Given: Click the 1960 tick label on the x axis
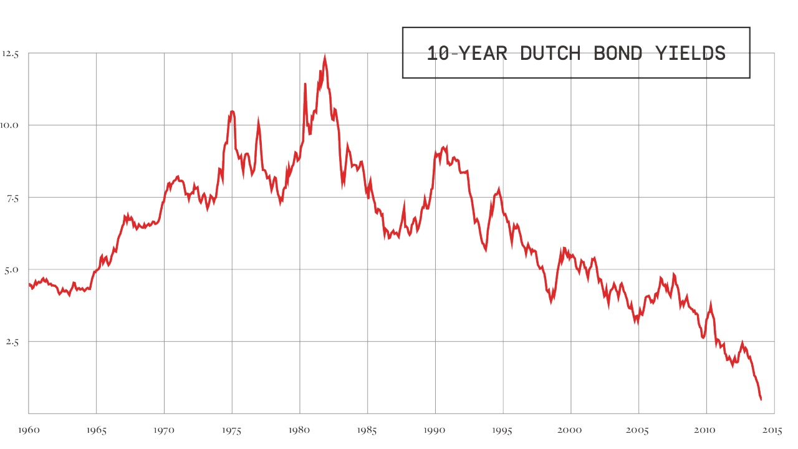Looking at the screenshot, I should click(x=28, y=430).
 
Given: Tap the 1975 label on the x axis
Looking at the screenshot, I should click(x=232, y=430).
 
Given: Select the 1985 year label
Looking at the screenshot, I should click(x=367, y=430).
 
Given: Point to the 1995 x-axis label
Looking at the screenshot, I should click(x=502, y=430).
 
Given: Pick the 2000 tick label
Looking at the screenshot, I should click(x=570, y=430).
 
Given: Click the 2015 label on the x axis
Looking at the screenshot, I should click(x=774, y=430).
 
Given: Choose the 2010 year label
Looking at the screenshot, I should click(x=706, y=430).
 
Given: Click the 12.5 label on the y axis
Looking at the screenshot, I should click(x=11, y=54).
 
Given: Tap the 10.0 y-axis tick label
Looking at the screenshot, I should click(x=11, y=125).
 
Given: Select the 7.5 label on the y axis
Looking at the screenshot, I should click(x=12, y=198).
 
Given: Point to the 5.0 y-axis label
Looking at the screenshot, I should click(x=12, y=269).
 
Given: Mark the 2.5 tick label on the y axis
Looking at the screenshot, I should click(x=12, y=342).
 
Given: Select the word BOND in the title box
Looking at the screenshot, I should click(x=617, y=53).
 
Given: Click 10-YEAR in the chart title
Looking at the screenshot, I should click(x=467, y=53).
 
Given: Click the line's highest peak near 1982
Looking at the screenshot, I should click(x=325, y=57).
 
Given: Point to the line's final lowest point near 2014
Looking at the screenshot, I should click(x=761, y=399).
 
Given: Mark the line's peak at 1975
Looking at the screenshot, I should click(x=232, y=112).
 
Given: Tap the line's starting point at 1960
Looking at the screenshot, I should click(x=29, y=284).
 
